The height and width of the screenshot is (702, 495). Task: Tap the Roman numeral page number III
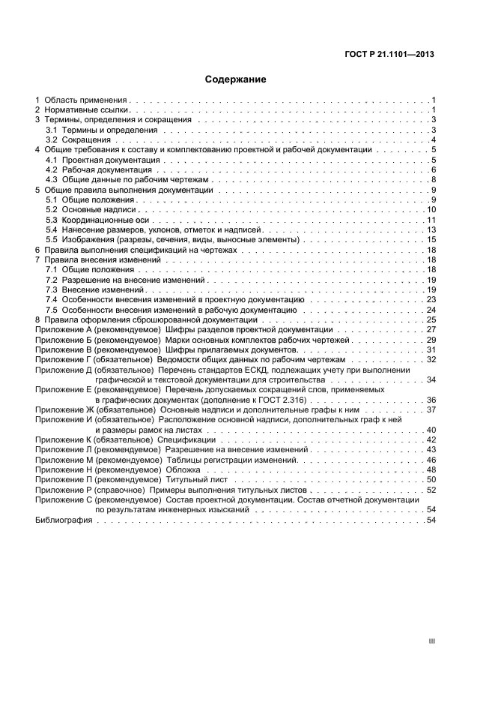pos(431,641)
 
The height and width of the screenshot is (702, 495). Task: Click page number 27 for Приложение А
pos(431,330)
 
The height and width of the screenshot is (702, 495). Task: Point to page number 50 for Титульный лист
pos(431,479)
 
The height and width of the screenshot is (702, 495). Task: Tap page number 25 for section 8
pos(431,319)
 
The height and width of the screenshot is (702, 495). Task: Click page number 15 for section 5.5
pos(431,239)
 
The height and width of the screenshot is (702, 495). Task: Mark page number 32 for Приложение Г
pos(431,360)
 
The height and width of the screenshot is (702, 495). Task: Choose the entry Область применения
pos(85,100)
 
